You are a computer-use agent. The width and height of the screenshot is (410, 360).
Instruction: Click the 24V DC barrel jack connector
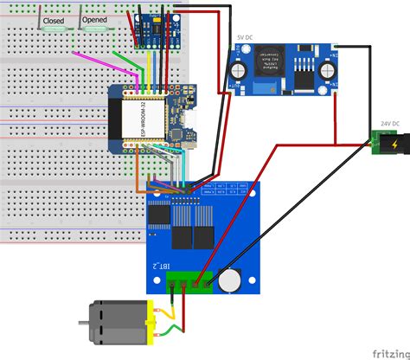[x=385, y=141]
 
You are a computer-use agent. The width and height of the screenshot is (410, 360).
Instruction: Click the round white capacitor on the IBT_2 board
[x=229, y=279]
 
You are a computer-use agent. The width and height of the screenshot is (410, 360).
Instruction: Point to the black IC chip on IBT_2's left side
[x=159, y=213]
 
